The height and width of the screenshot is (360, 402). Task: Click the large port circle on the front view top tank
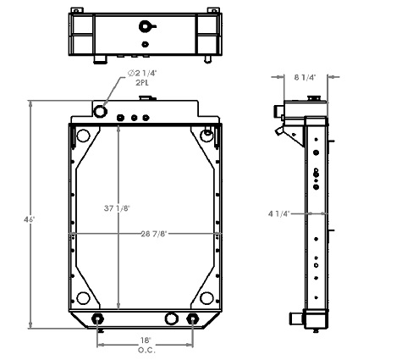pos(101,111)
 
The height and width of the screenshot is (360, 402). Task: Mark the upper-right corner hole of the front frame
pos(207,134)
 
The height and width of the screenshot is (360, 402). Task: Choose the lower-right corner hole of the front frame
pos(207,297)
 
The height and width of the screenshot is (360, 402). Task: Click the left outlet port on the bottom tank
pos(99,320)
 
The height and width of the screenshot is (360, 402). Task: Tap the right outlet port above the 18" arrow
pos(193,320)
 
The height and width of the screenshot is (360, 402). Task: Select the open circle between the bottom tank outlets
pos(172,319)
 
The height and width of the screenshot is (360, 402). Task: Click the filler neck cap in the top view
pos(146,25)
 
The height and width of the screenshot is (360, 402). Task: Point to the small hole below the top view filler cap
pos(146,44)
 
